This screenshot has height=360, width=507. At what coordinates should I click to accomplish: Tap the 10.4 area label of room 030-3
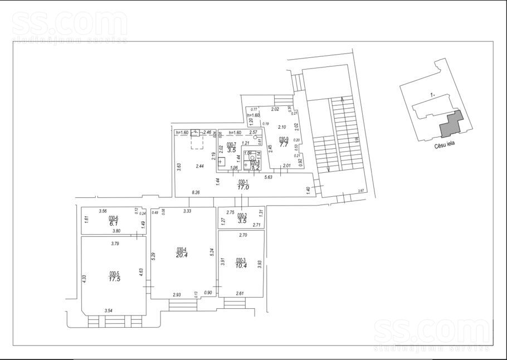tap(241, 266)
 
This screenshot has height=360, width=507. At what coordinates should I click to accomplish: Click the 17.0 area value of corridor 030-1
tap(243, 188)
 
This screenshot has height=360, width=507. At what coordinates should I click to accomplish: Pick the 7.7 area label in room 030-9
tap(284, 144)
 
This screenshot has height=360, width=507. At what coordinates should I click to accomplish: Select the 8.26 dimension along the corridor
tap(196, 192)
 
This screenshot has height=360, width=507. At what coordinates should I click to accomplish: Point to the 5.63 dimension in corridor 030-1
tap(269, 177)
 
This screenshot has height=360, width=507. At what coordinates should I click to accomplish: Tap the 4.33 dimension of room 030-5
tap(84, 278)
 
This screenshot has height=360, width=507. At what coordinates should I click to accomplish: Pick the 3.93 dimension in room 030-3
tap(259, 264)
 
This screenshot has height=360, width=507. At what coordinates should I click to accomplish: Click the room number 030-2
tap(242, 215)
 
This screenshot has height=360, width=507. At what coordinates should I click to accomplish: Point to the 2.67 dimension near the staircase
tap(361, 191)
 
